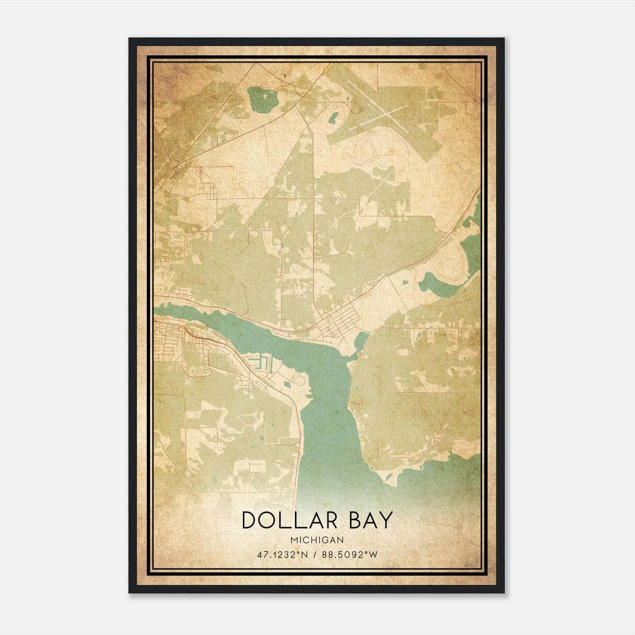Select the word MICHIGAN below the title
click(x=317, y=540)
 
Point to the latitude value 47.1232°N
click(x=282, y=554)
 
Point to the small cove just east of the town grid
click(x=361, y=340)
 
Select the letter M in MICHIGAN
click(x=293, y=540)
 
